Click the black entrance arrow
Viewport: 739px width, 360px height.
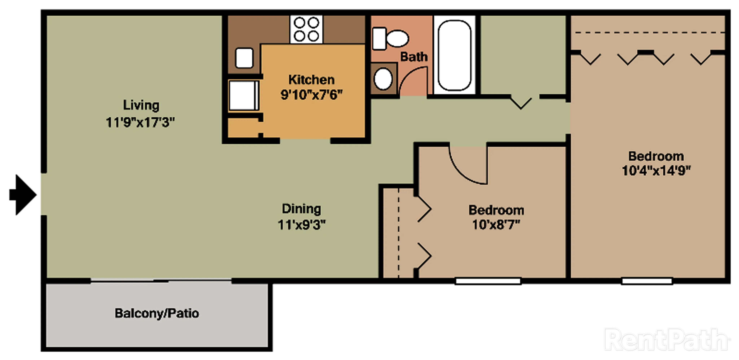(23, 195)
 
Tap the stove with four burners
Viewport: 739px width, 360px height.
(306, 29)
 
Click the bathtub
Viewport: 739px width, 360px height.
(455, 55)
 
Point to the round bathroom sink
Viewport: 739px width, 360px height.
(383, 79)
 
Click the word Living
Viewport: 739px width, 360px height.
(141, 106)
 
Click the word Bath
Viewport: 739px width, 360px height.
(414, 57)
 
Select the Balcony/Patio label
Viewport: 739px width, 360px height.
(157, 313)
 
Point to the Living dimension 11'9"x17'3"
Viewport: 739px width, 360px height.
(140, 122)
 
